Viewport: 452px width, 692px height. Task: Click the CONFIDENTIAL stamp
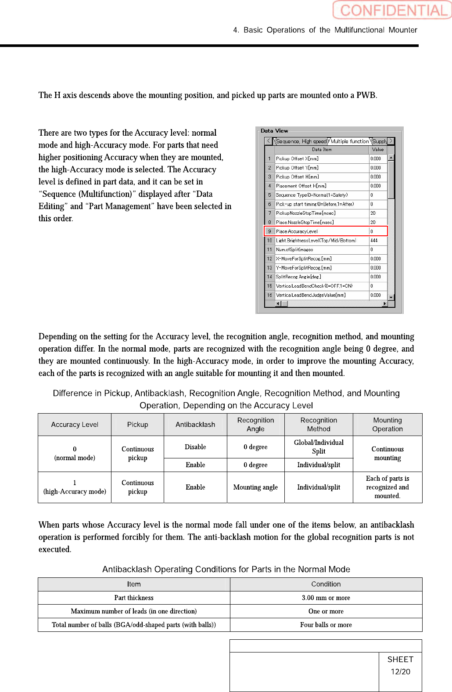coord(392,10)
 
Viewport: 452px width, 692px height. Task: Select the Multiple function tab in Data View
coord(350,141)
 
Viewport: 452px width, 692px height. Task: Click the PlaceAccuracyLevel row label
coord(297,231)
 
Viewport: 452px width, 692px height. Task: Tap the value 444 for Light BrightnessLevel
coord(374,241)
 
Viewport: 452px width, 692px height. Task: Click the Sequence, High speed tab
coord(301,141)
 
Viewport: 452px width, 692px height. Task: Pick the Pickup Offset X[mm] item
coord(297,159)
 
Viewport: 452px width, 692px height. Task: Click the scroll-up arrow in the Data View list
coord(391,158)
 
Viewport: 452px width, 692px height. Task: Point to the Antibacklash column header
coord(195,425)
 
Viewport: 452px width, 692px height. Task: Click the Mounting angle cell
coord(255,487)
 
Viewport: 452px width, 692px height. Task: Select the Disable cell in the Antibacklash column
coord(195,447)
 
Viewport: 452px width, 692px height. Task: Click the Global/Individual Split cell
coord(319,447)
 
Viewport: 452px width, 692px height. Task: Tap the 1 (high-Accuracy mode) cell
coord(75,487)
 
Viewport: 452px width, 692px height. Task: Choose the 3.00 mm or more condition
coord(326,598)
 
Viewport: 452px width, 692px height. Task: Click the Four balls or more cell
coord(326,625)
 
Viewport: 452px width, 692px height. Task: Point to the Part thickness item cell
coord(134,598)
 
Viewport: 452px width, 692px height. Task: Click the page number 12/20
coord(400,672)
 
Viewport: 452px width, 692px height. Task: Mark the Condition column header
coord(326,584)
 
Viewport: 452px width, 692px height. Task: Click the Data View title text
coord(274,131)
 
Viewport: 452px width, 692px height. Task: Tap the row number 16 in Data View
coord(269,295)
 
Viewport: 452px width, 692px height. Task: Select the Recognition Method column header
coord(319,425)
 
